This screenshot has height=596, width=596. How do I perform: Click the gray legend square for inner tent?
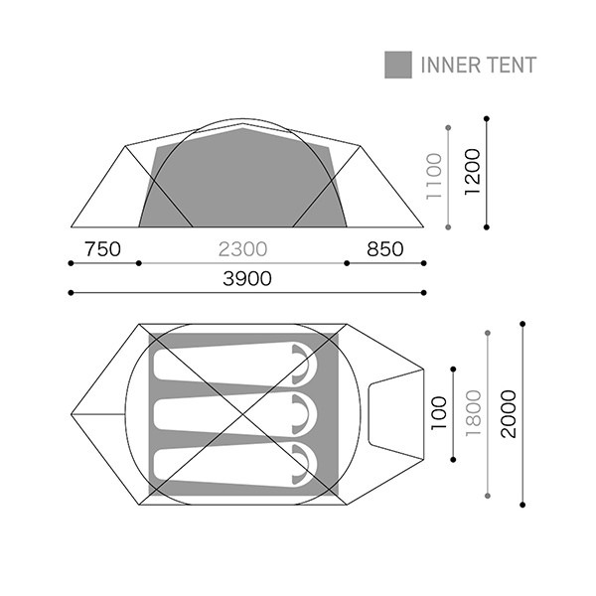(x=398, y=65)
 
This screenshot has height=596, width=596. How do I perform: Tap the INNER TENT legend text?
(x=479, y=65)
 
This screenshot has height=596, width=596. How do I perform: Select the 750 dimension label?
(x=102, y=249)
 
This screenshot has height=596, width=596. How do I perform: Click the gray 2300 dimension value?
(x=243, y=249)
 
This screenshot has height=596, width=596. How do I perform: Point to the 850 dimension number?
(x=385, y=249)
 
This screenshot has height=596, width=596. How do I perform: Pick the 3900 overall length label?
(x=247, y=278)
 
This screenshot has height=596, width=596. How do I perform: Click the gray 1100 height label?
(x=434, y=177)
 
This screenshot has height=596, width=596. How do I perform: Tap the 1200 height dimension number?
(x=473, y=172)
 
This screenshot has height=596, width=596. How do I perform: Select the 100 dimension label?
(x=439, y=413)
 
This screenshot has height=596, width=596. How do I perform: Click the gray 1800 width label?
(x=474, y=413)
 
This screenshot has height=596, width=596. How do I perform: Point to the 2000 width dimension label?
(x=509, y=414)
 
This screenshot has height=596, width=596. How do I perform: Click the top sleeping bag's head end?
(x=305, y=364)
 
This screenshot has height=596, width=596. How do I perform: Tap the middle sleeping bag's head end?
(x=305, y=414)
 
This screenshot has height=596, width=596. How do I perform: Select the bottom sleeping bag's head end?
(x=305, y=464)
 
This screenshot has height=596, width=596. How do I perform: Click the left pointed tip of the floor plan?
(x=72, y=414)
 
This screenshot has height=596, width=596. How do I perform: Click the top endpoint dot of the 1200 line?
(x=487, y=119)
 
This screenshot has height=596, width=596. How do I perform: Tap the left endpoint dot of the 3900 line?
(x=71, y=293)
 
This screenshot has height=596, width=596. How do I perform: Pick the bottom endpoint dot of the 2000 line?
(x=522, y=505)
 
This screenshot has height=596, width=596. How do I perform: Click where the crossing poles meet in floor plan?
(x=243, y=414)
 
